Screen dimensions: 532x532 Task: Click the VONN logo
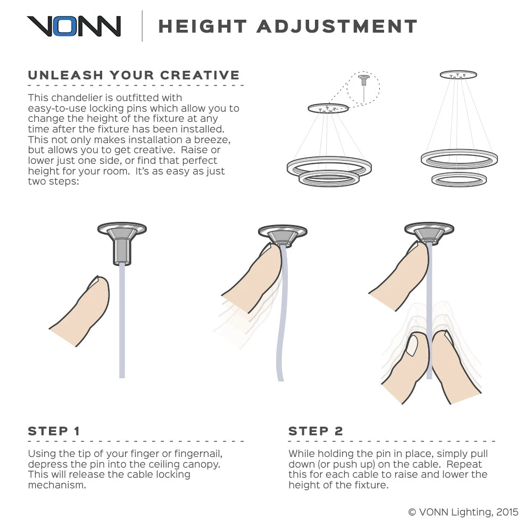coord(74,26)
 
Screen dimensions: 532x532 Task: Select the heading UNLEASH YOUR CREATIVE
coord(134,75)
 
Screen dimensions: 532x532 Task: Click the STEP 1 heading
coord(54,431)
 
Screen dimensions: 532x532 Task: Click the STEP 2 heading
coord(315,431)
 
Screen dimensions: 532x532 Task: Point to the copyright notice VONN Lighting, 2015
coord(463,512)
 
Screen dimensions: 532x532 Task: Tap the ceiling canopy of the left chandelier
coord(328,109)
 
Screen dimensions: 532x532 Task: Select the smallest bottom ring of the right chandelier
coord(459,179)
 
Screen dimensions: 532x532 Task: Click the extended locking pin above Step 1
coord(122,251)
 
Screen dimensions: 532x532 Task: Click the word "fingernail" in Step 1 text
coord(198,454)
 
